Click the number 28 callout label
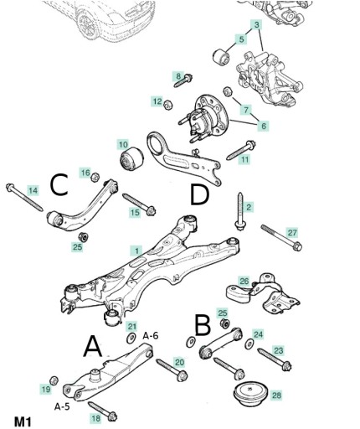click(276, 395)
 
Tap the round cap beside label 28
click(250, 394)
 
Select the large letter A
click(93, 346)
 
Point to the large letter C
click(59, 184)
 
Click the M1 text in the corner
click(23, 421)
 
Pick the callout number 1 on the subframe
click(136, 251)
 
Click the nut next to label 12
click(168, 105)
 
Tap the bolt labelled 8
click(183, 80)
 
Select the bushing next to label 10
click(131, 158)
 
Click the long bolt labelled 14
click(24, 197)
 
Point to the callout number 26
click(244, 281)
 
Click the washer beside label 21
click(131, 338)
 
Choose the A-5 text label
click(62, 406)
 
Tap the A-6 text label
click(151, 335)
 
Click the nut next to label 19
click(54, 380)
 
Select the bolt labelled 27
click(281, 238)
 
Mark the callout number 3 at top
click(256, 25)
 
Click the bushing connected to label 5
click(221, 56)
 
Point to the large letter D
click(199, 194)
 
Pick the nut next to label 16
click(95, 177)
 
